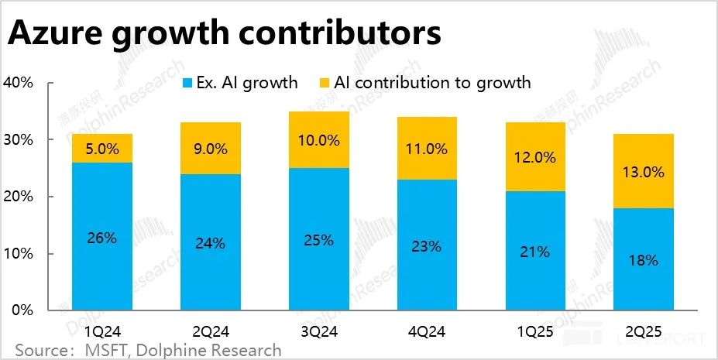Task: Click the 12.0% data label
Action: tap(534, 157)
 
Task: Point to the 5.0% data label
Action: tap(102, 149)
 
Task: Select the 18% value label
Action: tap(642, 260)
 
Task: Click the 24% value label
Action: tap(210, 243)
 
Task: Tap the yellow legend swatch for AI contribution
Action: tap(323, 83)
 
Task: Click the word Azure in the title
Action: tap(56, 35)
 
